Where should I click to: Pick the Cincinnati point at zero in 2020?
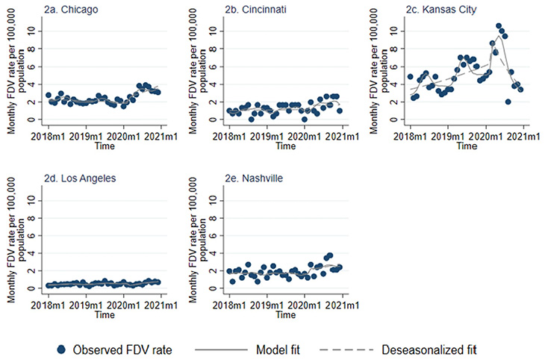pyautogui.click(x=305, y=119)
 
